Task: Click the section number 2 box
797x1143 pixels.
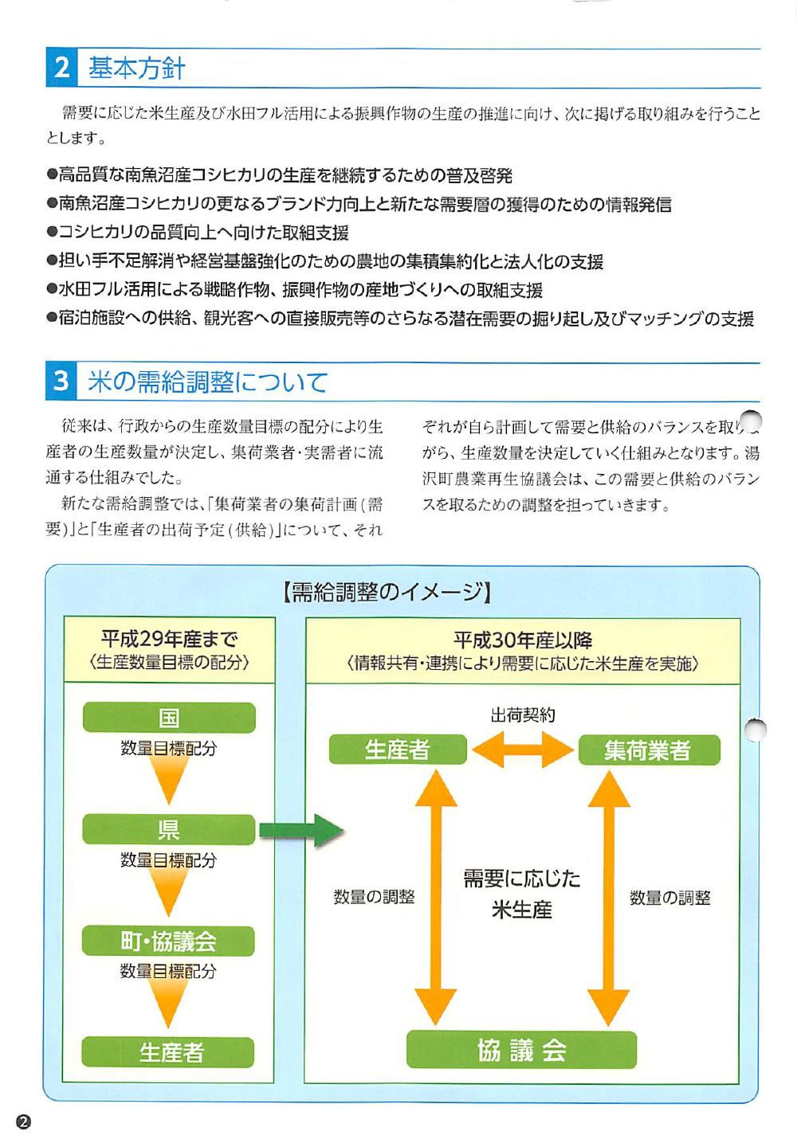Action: [x=61, y=68]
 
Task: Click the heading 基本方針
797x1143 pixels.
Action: [x=136, y=69]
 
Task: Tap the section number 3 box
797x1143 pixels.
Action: [x=61, y=382]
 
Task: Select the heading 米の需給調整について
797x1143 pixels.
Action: [x=207, y=382]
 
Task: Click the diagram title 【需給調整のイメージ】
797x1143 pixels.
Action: [x=387, y=592]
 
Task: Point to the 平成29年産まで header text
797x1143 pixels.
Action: [x=169, y=639]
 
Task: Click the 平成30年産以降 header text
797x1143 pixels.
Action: [x=523, y=640]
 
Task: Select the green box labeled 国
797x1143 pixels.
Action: [x=169, y=718]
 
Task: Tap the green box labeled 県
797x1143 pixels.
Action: [x=168, y=830]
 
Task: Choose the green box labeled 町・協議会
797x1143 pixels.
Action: [x=168, y=941]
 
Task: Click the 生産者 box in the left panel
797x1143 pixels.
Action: [x=168, y=1052]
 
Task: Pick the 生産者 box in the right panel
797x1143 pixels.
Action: [x=397, y=750]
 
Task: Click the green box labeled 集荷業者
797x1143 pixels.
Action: [x=647, y=750]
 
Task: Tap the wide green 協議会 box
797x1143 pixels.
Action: [x=521, y=1051]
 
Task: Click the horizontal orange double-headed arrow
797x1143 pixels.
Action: [x=522, y=750]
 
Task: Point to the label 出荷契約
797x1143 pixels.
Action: [x=523, y=715]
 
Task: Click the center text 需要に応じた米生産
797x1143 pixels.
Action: [x=522, y=894]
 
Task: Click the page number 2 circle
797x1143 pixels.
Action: [x=23, y=1121]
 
